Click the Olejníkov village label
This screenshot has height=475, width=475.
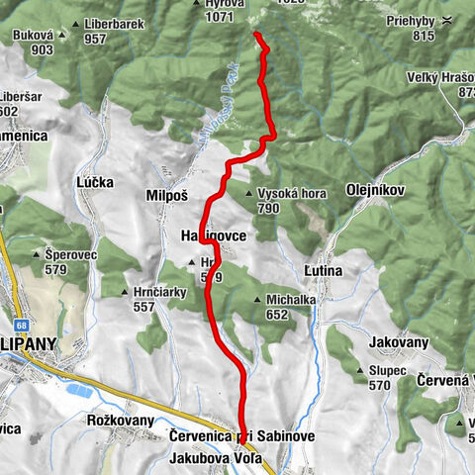[372, 187]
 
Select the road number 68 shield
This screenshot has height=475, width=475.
[21, 324]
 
